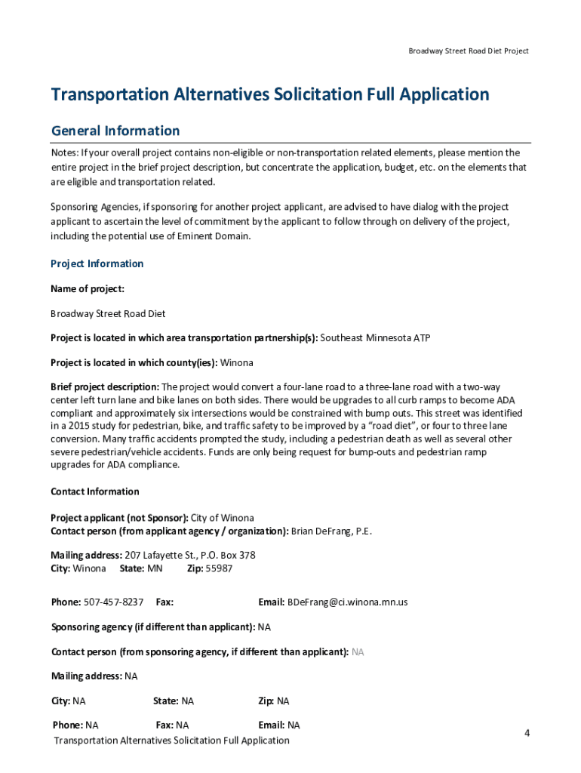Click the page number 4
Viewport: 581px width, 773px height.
[527, 733]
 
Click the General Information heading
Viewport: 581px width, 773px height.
[115, 131]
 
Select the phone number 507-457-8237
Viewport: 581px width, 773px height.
[114, 602]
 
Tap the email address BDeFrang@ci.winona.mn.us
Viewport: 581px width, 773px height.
[347, 602]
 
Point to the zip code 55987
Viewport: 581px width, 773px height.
[220, 568]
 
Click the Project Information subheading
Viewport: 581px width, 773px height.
[97, 263]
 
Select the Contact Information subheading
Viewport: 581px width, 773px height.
[95, 491]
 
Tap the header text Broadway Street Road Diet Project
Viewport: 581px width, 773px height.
[469, 51]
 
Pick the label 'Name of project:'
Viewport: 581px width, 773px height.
[88, 289]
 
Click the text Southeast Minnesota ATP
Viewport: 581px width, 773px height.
[376, 337]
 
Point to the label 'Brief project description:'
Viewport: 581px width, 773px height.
[105, 387]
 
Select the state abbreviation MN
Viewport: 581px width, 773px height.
[155, 568]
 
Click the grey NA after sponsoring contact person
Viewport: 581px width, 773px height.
[358, 651]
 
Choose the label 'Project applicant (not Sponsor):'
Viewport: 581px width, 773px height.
[119, 518]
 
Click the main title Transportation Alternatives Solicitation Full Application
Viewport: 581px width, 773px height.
[270, 94]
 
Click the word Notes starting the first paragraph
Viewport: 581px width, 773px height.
[64, 152]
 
